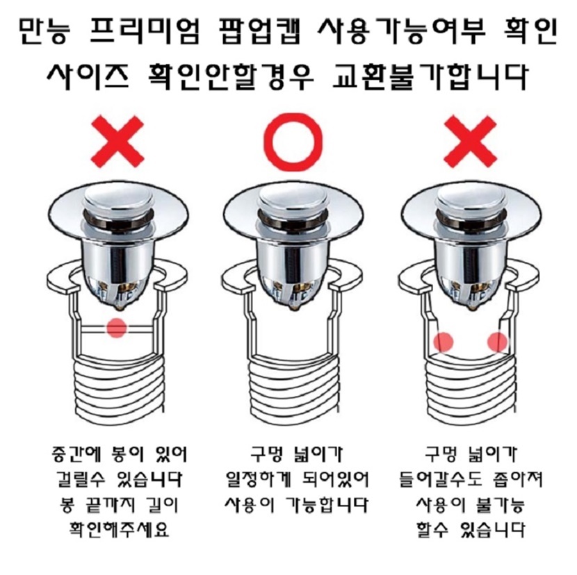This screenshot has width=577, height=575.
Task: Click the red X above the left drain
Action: point(117,142)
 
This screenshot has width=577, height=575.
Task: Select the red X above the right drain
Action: point(470,142)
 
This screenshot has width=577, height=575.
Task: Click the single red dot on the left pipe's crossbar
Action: point(117,327)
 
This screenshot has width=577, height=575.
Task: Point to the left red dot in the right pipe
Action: point(444,342)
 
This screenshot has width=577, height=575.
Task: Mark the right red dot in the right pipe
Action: point(498,342)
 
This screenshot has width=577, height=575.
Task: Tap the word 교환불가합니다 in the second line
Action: point(430,77)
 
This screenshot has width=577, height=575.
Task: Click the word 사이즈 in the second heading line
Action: point(88,77)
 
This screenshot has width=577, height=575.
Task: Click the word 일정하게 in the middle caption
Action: point(259,479)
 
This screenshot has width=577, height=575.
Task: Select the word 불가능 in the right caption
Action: point(500,504)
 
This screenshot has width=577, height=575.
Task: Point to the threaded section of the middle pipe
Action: point(293,390)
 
